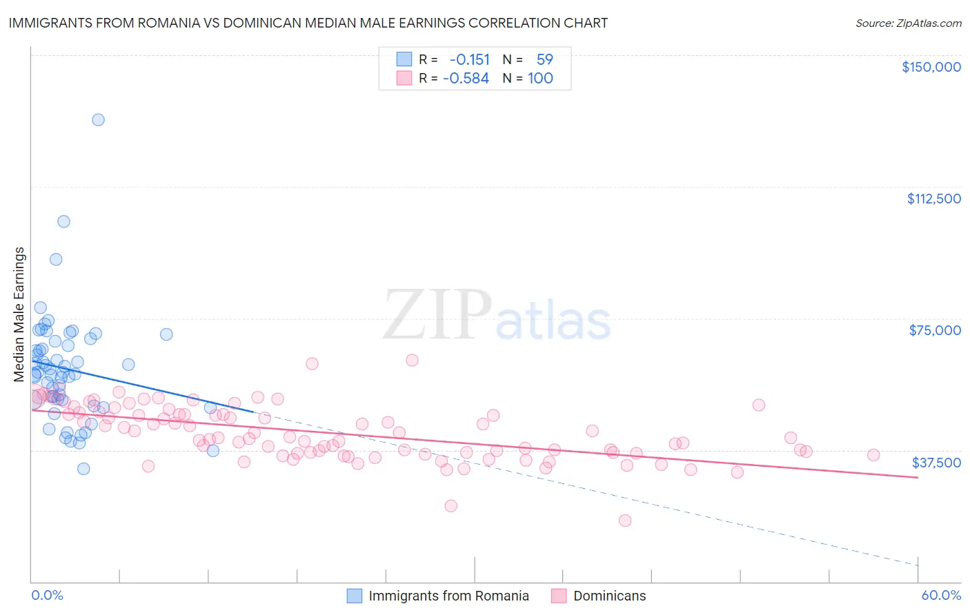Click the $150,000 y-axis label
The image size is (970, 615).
click(931, 67)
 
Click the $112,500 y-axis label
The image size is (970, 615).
click(933, 199)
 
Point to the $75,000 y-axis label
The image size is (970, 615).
click(935, 330)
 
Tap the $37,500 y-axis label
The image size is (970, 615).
click(936, 463)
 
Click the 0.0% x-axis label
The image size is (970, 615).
click(47, 595)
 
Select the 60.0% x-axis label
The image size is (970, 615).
click(941, 595)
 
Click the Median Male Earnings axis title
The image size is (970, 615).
click(19, 314)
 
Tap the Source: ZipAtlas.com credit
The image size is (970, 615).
click(908, 23)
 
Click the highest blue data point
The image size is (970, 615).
click(98, 120)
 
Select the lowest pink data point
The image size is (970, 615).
click(625, 521)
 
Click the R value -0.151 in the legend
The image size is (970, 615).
click(469, 60)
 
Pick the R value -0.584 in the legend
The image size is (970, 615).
click(466, 79)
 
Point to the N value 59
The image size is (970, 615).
click(544, 60)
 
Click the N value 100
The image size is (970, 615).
click(540, 79)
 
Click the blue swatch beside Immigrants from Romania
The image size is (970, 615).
click(354, 596)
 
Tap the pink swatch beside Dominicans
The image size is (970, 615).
click(559, 596)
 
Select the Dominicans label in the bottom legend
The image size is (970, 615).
click(609, 596)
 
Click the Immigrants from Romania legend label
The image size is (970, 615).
click(448, 596)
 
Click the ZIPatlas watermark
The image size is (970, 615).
click(497, 316)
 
